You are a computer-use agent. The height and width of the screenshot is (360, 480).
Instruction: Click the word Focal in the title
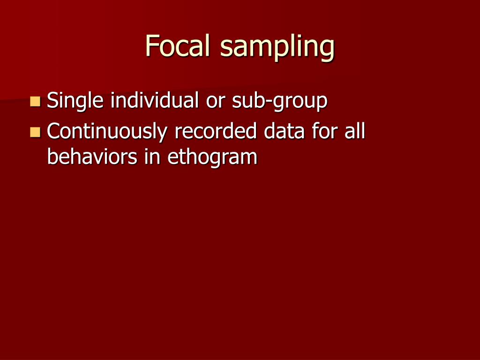[179, 46]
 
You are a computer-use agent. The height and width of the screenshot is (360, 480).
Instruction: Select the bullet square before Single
[35, 101]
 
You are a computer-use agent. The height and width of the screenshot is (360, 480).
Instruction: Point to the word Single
[75, 101]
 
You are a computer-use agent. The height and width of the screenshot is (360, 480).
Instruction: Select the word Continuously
[107, 132]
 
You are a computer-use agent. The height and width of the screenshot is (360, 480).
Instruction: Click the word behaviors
[93, 157]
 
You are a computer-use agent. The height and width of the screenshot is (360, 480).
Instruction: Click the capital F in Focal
[151, 46]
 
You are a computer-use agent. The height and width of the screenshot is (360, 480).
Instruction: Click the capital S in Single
[52, 100]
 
